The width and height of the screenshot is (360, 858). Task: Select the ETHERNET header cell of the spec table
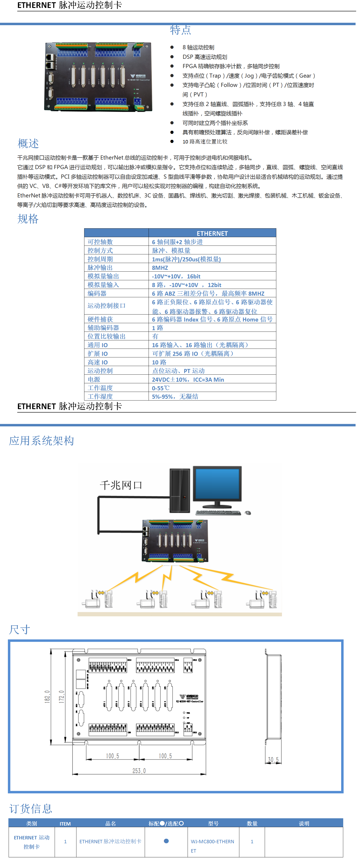[212, 233]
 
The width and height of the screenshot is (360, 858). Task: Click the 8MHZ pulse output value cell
[160, 268]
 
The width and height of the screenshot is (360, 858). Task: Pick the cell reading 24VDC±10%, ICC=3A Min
[188, 379]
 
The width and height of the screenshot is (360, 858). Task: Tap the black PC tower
[180, 490]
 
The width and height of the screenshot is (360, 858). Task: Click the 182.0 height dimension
[47, 696]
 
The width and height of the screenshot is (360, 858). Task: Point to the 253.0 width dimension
[139, 771]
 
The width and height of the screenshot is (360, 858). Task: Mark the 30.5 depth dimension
[273, 760]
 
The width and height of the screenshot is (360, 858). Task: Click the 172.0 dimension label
[62, 696]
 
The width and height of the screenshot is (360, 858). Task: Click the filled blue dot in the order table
[166, 841]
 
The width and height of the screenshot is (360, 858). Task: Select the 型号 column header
[213, 823]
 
